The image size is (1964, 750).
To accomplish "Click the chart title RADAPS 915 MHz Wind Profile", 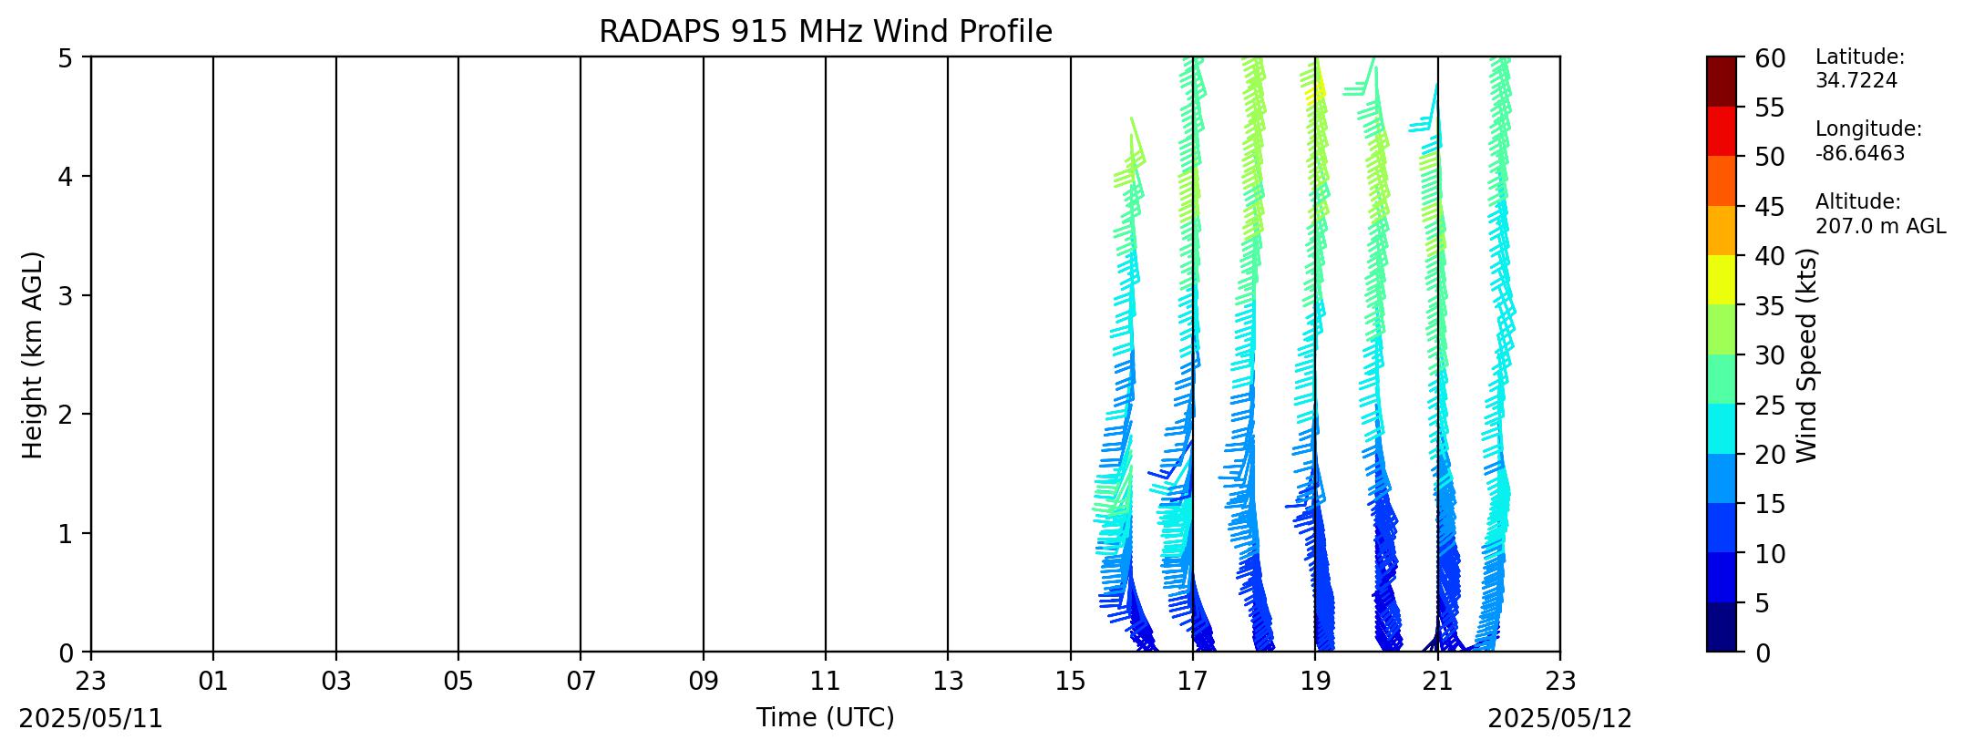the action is coord(825,32).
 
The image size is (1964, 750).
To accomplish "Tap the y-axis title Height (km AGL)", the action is coord(33,354).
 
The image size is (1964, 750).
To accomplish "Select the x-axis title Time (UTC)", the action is coord(825,718).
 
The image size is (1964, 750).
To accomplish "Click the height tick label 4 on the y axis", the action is coord(66,176).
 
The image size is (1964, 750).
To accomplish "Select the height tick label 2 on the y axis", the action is coord(66,414).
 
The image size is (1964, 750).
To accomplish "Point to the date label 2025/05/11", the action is coord(91,719).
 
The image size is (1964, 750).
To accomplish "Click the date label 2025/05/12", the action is coord(1560,719).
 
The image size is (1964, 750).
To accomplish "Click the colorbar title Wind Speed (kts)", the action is coord(1807,355).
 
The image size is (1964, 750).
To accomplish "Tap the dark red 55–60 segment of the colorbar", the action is coord(1722,81).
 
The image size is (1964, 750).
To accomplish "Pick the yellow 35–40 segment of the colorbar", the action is coord(1722,280).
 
